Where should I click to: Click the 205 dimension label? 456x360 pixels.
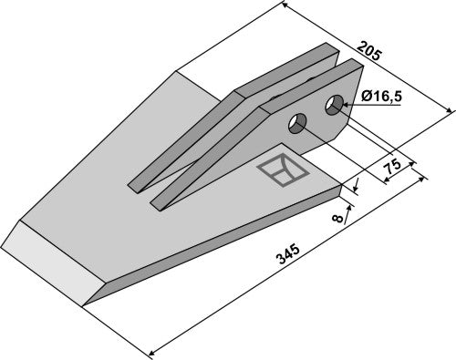368,51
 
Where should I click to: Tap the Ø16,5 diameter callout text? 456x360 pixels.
382,97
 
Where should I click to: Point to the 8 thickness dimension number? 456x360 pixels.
337,218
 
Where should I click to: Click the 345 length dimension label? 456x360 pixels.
287,254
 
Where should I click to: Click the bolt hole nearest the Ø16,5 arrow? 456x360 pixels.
334,105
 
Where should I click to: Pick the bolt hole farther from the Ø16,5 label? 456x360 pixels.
297,123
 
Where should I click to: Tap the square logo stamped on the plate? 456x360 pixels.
283,170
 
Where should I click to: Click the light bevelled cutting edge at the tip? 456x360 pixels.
52,262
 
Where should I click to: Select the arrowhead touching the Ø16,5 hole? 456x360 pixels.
347,106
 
